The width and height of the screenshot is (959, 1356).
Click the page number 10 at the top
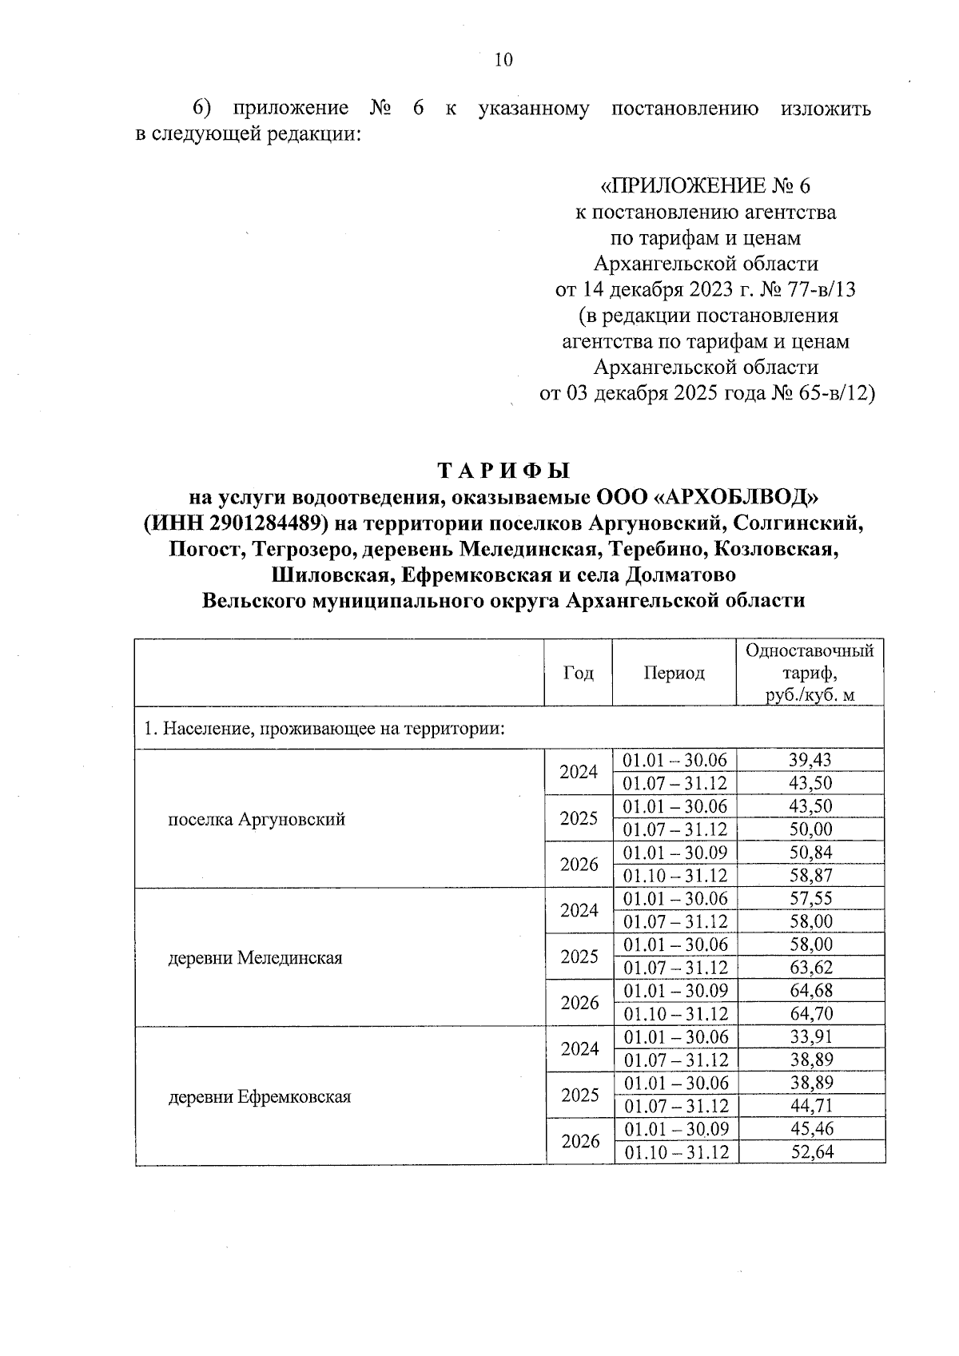(x=503, y=61)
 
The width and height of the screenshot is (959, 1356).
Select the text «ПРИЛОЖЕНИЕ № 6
(x=705, y=186)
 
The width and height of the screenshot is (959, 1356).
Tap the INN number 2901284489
(x=255, y=523)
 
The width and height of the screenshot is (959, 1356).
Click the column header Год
(x=579, y=673)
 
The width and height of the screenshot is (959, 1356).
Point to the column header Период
(x=674, y=673)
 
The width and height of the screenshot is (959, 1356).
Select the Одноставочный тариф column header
(x=809, y=673)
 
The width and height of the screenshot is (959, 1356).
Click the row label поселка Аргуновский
(x=256, y=819)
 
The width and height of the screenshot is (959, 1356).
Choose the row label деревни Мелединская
(x=255, y=958)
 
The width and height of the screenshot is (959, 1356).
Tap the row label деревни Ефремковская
(x=260, y=1097)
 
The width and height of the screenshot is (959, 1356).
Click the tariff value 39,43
(x=810, y=760)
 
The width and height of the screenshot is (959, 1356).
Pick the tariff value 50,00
(x=810, y=829)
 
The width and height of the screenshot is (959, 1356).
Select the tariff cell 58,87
(x=810, y=876)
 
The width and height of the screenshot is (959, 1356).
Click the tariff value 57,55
(x=810, y=898)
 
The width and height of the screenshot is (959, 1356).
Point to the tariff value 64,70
(x=810, y=1014)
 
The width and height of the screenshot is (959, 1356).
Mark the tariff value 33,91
(x=810, y=1037)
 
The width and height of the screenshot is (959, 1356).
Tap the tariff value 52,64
(x=810, y=1152)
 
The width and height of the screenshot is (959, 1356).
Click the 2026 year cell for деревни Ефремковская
(x=579, y=1141)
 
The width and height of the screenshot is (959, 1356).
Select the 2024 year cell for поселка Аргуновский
(x=579, y=772)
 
